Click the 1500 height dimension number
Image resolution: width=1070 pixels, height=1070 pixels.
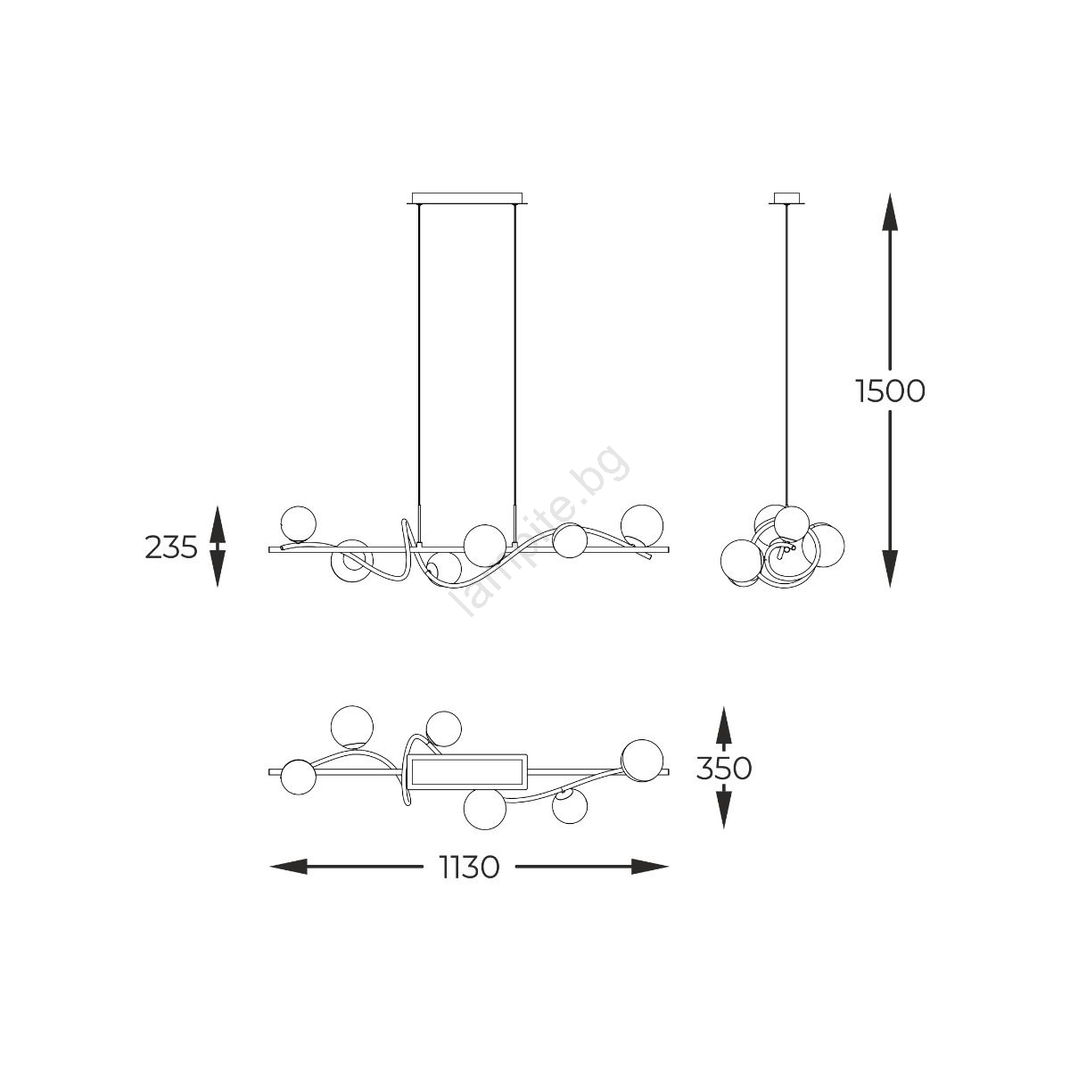[x=890, y=391]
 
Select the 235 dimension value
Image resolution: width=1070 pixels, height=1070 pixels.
[x=171, y=547]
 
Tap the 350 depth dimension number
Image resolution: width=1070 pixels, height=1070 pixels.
[x=723, y=769]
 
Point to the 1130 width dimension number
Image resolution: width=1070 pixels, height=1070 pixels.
[x=469, y=867]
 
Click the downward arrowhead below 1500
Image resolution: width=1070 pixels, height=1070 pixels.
[x=890, y=568]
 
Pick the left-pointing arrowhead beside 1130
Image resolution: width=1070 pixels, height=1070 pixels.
[x=289, y=866]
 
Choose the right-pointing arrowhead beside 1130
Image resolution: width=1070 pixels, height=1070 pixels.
[x=650, y=866]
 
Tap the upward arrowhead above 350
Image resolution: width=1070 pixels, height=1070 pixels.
[x=723, y=725]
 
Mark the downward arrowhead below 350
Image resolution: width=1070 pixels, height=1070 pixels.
[x=723, y=811]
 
